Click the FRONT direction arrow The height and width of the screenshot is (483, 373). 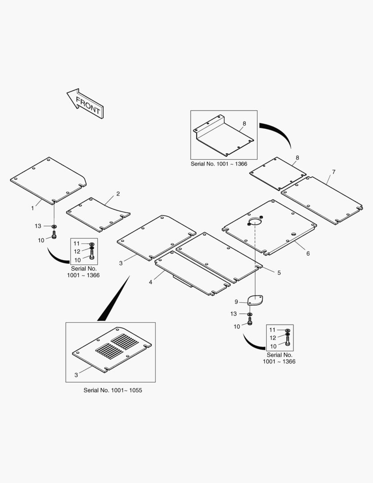pos(85,103)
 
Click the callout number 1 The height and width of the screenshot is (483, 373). pos(33,208)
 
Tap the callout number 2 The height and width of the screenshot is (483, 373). pos(118,194)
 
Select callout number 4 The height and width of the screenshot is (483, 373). pos(151,282)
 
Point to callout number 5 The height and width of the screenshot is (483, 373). pos(279,273)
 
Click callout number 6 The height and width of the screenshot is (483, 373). pos(308,254)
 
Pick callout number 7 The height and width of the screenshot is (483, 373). pos(334,172)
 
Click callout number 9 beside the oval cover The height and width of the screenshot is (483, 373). pos(236,302)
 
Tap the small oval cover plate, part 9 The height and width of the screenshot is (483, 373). pos(256,300)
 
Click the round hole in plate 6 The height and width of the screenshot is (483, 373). pos(255,221)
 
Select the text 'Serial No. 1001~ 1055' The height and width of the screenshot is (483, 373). pos(113,390)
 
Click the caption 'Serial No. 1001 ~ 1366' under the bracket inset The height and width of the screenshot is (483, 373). pos(219,164)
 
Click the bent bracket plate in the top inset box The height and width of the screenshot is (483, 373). pos(224,136)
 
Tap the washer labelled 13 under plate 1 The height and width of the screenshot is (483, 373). pos(54,227)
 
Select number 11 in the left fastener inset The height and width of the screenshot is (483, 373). pos(76,244)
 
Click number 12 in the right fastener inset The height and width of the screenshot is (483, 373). pos(272,338)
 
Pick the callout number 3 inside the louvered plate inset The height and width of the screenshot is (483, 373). pos(76,375)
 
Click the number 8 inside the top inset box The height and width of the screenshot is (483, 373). pos(244,123)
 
